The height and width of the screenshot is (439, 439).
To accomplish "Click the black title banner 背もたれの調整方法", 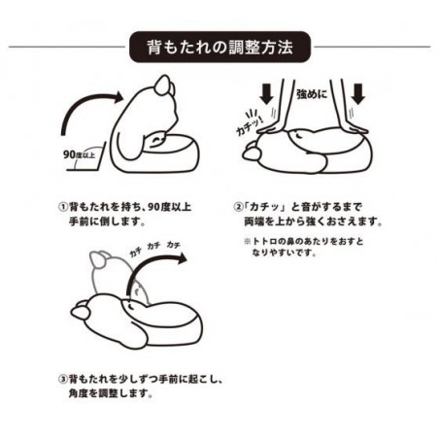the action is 219,47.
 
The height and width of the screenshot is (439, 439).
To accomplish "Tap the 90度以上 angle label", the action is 80,154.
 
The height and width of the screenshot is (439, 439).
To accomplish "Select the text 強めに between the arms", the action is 312,94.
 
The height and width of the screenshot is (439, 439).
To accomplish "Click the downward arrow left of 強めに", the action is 266,93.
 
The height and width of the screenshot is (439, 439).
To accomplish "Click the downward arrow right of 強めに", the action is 358,93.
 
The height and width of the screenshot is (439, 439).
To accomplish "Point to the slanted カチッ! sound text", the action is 250,124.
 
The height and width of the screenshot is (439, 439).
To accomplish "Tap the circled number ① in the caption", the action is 63,207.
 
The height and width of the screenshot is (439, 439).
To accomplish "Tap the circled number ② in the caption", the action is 238,207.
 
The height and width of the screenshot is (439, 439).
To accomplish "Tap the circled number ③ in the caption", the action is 63,379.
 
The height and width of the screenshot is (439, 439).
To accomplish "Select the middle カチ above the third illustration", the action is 154,247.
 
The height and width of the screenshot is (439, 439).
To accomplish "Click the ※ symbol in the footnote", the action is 248,242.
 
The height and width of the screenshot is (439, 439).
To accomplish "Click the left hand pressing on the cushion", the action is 273,129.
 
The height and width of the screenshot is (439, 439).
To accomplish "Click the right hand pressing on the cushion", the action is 353,129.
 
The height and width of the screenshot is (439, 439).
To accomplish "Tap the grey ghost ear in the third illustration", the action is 98,260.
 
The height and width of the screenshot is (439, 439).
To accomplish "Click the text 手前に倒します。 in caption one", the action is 107,221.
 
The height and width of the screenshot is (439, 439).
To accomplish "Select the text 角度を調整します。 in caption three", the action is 111,393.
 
